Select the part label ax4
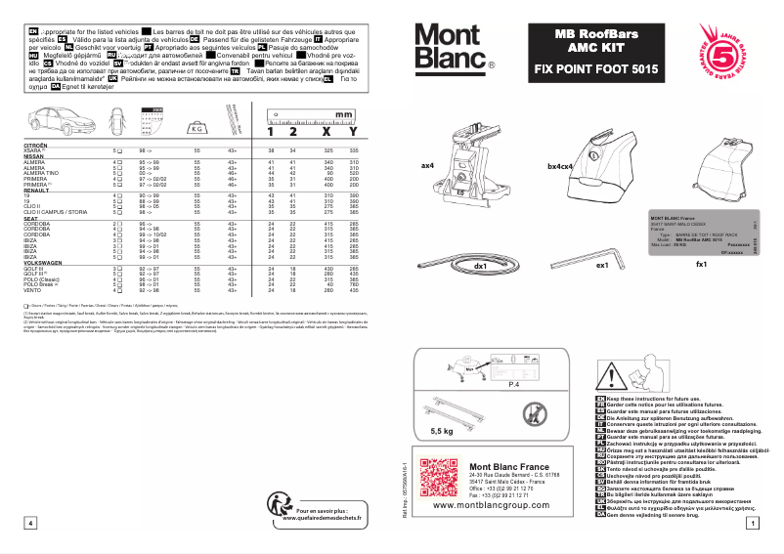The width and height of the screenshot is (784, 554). click(x=426, y=166)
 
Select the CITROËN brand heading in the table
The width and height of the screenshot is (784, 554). click(x=36, y=144)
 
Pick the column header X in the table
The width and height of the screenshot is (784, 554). click(x=326, y=131)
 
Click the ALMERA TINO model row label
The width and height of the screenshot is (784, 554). click(x=40, y=173)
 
